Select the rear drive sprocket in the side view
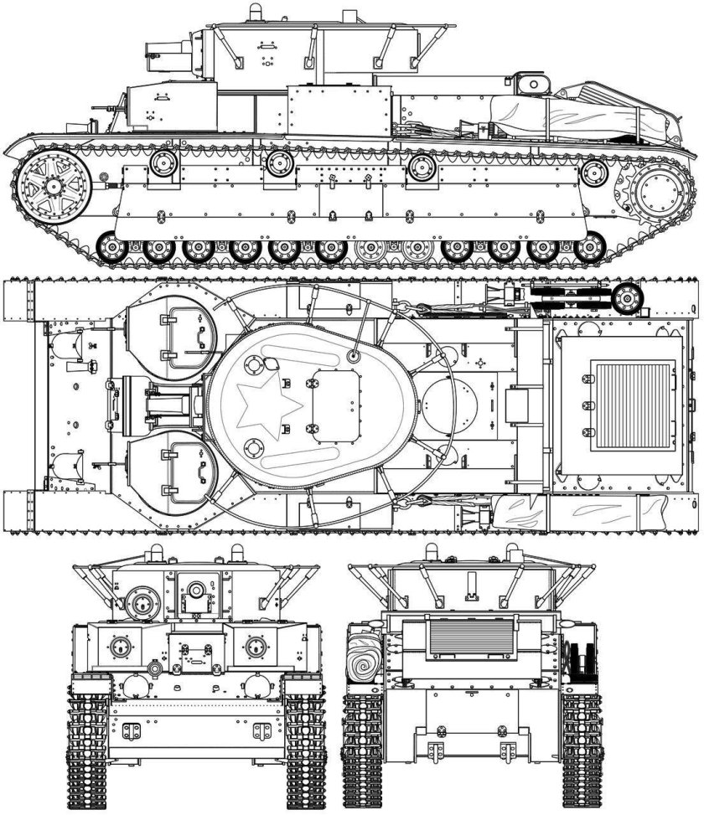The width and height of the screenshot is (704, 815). [659, 192]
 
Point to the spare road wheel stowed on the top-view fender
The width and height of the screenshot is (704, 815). [624, 297]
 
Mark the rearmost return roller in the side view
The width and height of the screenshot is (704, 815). [594, 174]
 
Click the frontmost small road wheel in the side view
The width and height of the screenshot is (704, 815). [111, 248]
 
